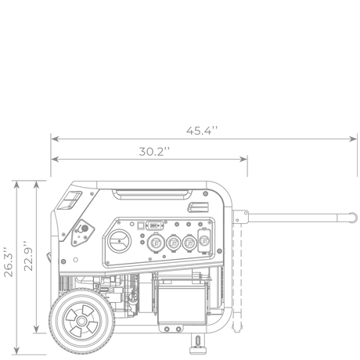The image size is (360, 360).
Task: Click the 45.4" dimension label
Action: tap(202, 131)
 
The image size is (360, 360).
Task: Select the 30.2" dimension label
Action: tap(154, 152)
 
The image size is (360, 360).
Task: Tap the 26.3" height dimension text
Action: tap(9, 261)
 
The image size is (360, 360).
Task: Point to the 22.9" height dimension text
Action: tap(28, 256)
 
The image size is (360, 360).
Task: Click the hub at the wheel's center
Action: tap(81, 321)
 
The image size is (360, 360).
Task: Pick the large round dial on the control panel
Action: tap(120, 241)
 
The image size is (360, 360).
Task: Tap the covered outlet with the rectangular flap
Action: tap(204, 240)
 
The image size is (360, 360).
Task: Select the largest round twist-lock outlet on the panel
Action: tap(156, 243)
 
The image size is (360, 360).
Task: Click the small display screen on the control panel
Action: tap(154, 225)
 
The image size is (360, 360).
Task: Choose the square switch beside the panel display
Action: tap(141, 225)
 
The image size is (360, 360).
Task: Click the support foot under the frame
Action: tap(198, 344)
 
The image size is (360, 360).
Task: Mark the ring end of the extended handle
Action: tap(353, 218)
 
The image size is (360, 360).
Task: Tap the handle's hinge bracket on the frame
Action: tap(240, 217)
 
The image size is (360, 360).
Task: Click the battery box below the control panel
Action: tap(182, 302)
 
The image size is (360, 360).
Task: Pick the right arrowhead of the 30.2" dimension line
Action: tap(243, 159)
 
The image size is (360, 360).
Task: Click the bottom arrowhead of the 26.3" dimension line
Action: tap(16, 351)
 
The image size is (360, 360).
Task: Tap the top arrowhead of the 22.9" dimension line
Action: tap(37, 185)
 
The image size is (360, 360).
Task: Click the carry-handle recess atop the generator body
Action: tap(152, 195)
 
